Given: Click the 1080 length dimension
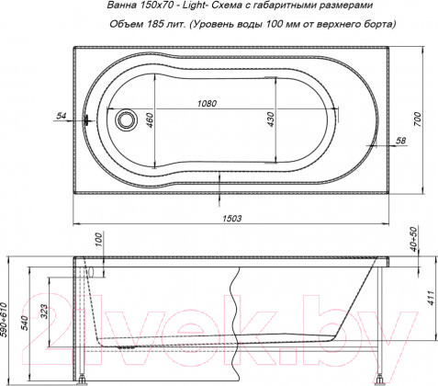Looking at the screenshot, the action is pyautogui.click(x=207, y=104).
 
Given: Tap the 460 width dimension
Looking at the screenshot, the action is pyautogui.click(x=149, y=119).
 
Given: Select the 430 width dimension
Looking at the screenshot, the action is pyautogui.click(x=271, y=119).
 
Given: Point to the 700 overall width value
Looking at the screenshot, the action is pyautogui.click(x=417, y=119).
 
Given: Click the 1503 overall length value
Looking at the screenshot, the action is pyautogui.click(x=231, y=218).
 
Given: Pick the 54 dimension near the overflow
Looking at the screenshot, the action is pyautogui.click(x=62, y=116).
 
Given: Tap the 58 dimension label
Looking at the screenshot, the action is pyautogui.click(x=400, y=141).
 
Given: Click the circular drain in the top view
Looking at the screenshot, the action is pyautogui.click(x=125, y=119).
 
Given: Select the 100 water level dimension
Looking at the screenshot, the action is pyautogui.click(x=98, y=241).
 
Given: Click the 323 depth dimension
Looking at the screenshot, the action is pyautogui.click(x=44, y=312).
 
